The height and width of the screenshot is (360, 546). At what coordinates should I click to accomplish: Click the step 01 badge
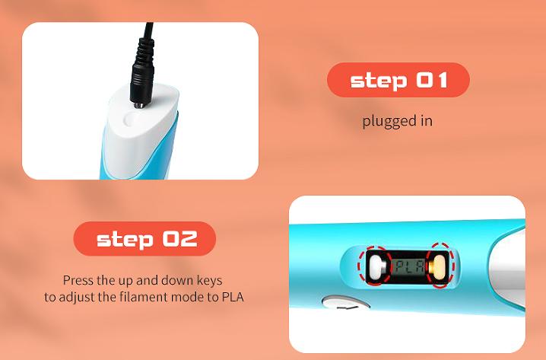pos(398,80)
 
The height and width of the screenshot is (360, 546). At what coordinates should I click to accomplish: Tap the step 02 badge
pos(144,239)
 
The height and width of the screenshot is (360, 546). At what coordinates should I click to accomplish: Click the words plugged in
pos(397,121)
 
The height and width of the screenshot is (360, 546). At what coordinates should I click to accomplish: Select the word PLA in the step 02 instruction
pos(233,297)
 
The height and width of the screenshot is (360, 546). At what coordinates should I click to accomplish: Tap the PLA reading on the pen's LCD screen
pos(409,266)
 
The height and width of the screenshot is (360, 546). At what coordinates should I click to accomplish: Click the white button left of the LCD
pos(376,267)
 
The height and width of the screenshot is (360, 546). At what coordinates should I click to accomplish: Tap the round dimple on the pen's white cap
pos(130,119)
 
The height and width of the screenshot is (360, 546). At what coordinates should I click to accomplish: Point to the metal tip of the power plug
pos(139,105)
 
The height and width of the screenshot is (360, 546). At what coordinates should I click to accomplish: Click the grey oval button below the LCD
pos(345,302)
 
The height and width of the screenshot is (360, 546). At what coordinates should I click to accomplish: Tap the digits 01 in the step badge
pos(432,80)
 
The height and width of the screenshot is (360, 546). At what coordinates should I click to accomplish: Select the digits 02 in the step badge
pos(180,239)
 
